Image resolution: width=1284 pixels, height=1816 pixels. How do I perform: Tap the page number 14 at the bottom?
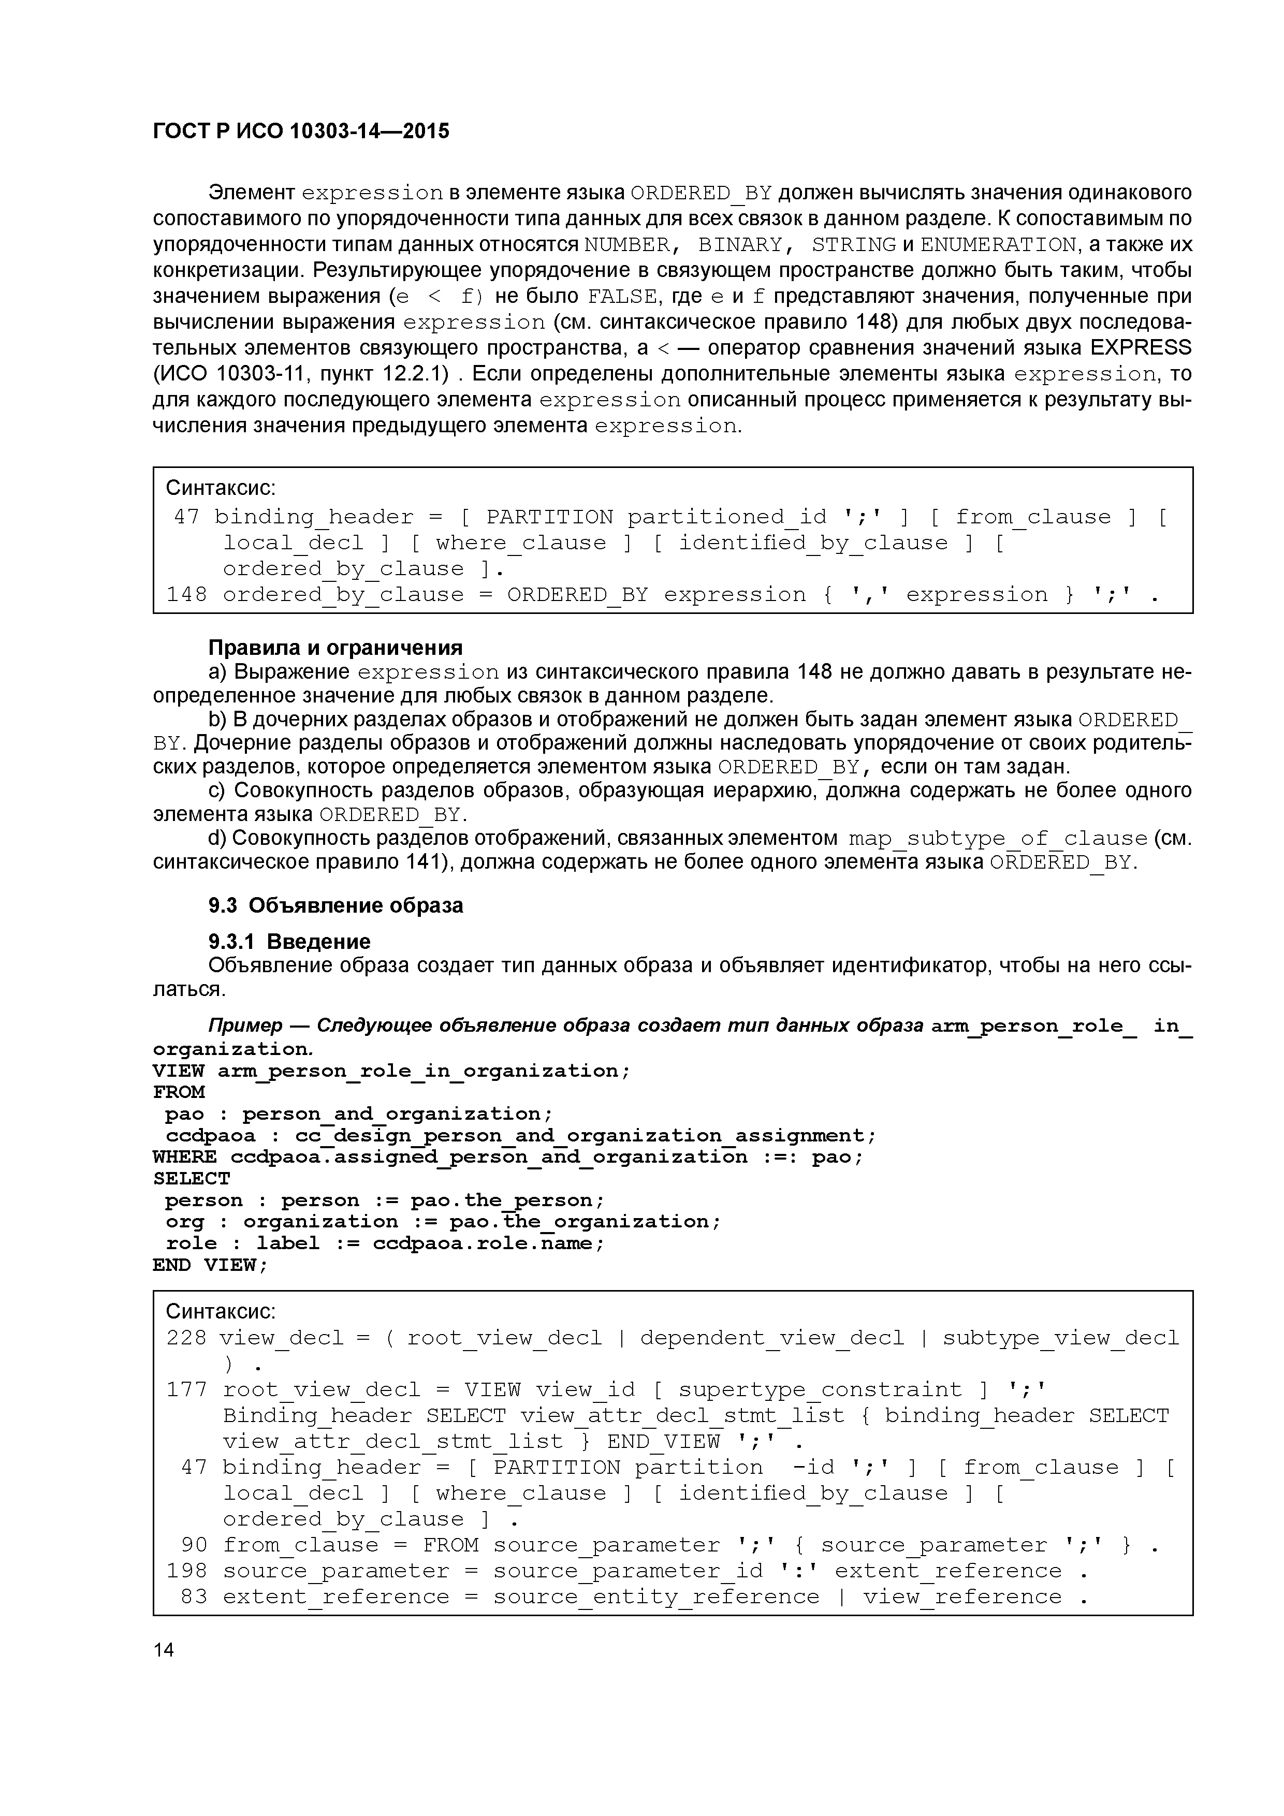click(164, 1649)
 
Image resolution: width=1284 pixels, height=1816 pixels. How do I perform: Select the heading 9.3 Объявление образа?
click(335, 905)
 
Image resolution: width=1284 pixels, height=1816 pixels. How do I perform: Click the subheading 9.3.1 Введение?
click(289, 941)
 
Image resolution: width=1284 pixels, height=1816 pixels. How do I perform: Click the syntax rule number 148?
click(187, 595)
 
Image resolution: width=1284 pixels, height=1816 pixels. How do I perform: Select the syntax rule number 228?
click(187, 1338)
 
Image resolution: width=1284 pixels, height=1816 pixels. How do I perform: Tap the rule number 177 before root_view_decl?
click(187, 1389)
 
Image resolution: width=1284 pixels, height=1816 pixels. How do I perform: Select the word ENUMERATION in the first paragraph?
click(998, 244)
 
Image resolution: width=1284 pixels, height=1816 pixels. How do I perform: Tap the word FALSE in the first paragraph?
click(623, 297)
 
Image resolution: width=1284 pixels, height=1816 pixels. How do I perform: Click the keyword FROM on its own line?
click(179, 1092)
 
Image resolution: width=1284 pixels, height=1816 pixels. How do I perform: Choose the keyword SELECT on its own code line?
click(192, 1179)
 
